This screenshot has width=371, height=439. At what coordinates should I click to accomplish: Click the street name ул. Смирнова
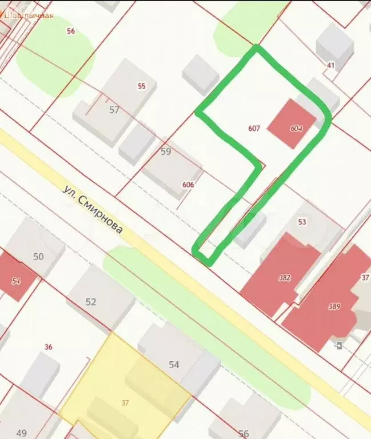click(x=93, y=209)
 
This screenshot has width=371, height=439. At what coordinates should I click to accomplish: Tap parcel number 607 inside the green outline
click(x=254, y=129)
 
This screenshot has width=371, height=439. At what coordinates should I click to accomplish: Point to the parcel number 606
click(x=188, y=185)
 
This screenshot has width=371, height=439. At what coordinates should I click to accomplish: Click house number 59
click(x=166, y=152)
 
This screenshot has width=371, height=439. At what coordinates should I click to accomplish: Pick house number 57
click(x=114, y=110)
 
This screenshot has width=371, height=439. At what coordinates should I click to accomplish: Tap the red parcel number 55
click(x=142, y=86)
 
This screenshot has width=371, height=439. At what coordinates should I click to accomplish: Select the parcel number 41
click(x=330, y=66)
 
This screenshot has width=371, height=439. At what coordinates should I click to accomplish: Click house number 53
click(x=302, y=222)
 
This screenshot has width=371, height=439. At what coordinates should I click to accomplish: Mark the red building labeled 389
click(x=334, y=307)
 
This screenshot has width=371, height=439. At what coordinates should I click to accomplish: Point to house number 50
click(x=38, y=257)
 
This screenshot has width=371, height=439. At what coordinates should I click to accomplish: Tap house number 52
click(x=91, y=302)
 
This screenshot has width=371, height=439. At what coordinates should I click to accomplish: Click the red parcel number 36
click(x=48, y=346)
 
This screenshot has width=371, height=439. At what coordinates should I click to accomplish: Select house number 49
click(x=22, y=432)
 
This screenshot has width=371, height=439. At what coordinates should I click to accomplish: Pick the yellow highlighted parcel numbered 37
click(x=125, y=402)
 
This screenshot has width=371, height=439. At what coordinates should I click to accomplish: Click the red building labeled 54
click(x=16, y=281)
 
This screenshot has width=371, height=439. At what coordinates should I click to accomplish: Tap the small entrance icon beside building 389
click(x=339, y=345)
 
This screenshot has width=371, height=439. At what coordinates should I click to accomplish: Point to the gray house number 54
click(x=174, y=364)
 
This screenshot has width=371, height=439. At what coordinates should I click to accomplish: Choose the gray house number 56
click(x=244, y=433)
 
